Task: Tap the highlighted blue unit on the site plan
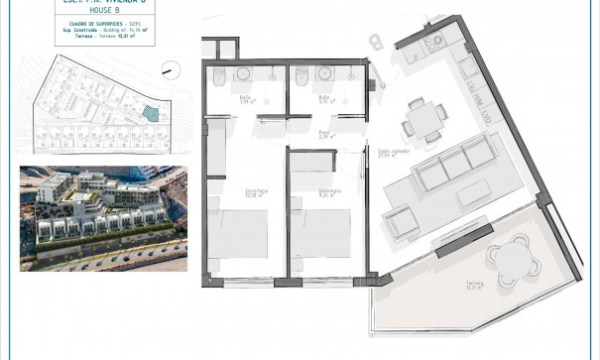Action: (x=150, y=114)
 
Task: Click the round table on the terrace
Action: (x=512, y=261)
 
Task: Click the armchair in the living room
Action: (x=403, y=223)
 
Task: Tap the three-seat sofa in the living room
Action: (x=453, y=166)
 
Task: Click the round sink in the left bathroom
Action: (x=244, y=73)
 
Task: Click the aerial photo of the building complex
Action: (x=103, y=218)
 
